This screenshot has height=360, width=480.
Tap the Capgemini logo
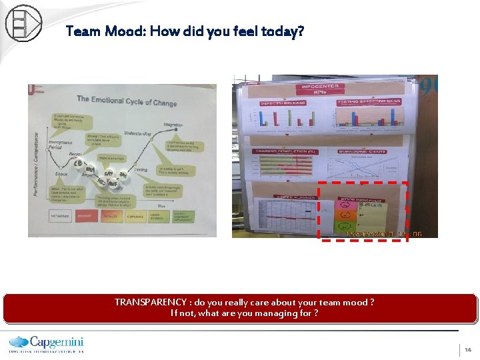coord(47,343)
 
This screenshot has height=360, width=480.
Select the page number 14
coord(468,349)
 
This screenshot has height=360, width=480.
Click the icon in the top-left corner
coord(23,23)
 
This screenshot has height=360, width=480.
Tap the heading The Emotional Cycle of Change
coord(127,102)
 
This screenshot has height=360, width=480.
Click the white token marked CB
coord(78,163)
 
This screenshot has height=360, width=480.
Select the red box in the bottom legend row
coord(85,216)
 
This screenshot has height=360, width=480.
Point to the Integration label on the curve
coord(173,125)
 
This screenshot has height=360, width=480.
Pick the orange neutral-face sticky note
coord(345,215)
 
